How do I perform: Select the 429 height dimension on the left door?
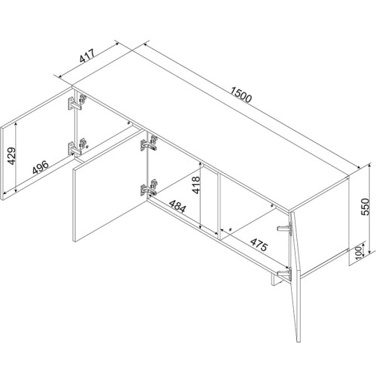(x=10, y=156)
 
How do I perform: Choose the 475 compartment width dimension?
(x=247, y=247)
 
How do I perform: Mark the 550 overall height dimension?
(x=367, y=205)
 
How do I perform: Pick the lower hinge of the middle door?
(x=148, y=186)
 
